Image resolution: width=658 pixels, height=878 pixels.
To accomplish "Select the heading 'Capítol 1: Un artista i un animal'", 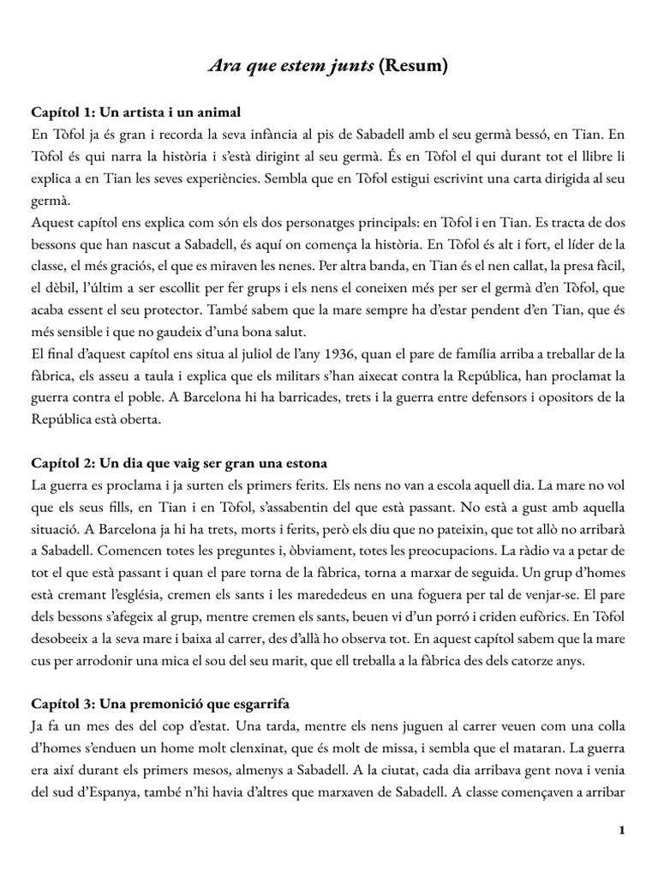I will [136, 112].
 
